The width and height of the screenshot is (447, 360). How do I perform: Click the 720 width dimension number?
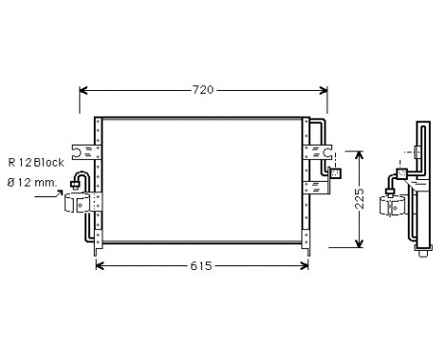(202, 90)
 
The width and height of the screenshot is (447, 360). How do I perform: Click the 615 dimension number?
(202, 265)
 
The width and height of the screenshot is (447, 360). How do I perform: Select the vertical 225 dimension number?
(358, 200)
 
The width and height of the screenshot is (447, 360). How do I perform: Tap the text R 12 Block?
(37, 163)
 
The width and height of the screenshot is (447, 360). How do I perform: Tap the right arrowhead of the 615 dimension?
(303, 265)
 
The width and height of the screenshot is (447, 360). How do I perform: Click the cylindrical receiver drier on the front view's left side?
(81, 202)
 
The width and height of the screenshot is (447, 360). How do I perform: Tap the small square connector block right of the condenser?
(335, 173)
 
